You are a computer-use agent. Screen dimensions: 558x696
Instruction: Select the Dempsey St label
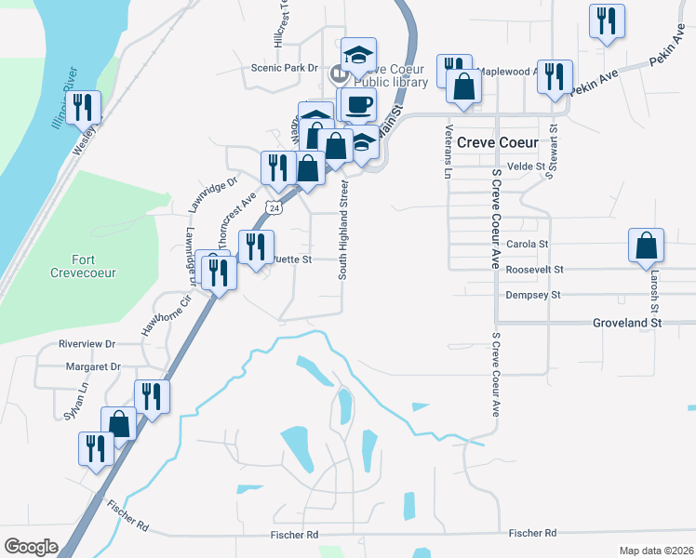pos(533,295)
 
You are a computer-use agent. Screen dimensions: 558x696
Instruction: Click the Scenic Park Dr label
pos(285,68)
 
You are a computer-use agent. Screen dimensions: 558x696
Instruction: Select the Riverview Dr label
pos(86,343)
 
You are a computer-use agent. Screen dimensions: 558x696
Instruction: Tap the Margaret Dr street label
pos(93,367)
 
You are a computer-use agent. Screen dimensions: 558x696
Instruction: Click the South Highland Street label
pos(342,230)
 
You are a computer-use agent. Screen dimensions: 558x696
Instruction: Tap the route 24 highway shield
pos(273,208)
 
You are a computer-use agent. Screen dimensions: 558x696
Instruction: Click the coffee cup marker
pos(357,104)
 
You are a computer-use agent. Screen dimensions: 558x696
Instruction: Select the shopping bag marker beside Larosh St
pos(646,246)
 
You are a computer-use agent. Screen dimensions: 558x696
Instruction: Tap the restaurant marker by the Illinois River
pos(86,108)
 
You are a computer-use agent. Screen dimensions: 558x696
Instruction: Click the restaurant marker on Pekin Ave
pos(555,77)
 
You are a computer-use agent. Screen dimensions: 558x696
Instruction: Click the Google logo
pos(31,547)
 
